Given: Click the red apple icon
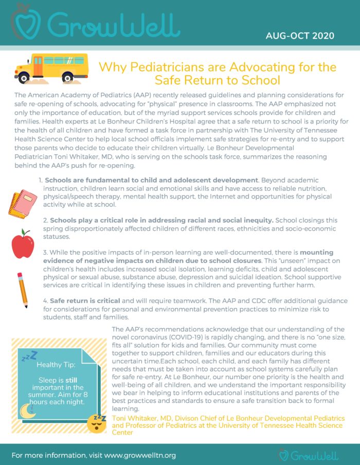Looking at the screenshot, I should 23,244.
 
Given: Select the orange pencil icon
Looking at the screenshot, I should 22,290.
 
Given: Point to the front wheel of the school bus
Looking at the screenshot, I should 67,78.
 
